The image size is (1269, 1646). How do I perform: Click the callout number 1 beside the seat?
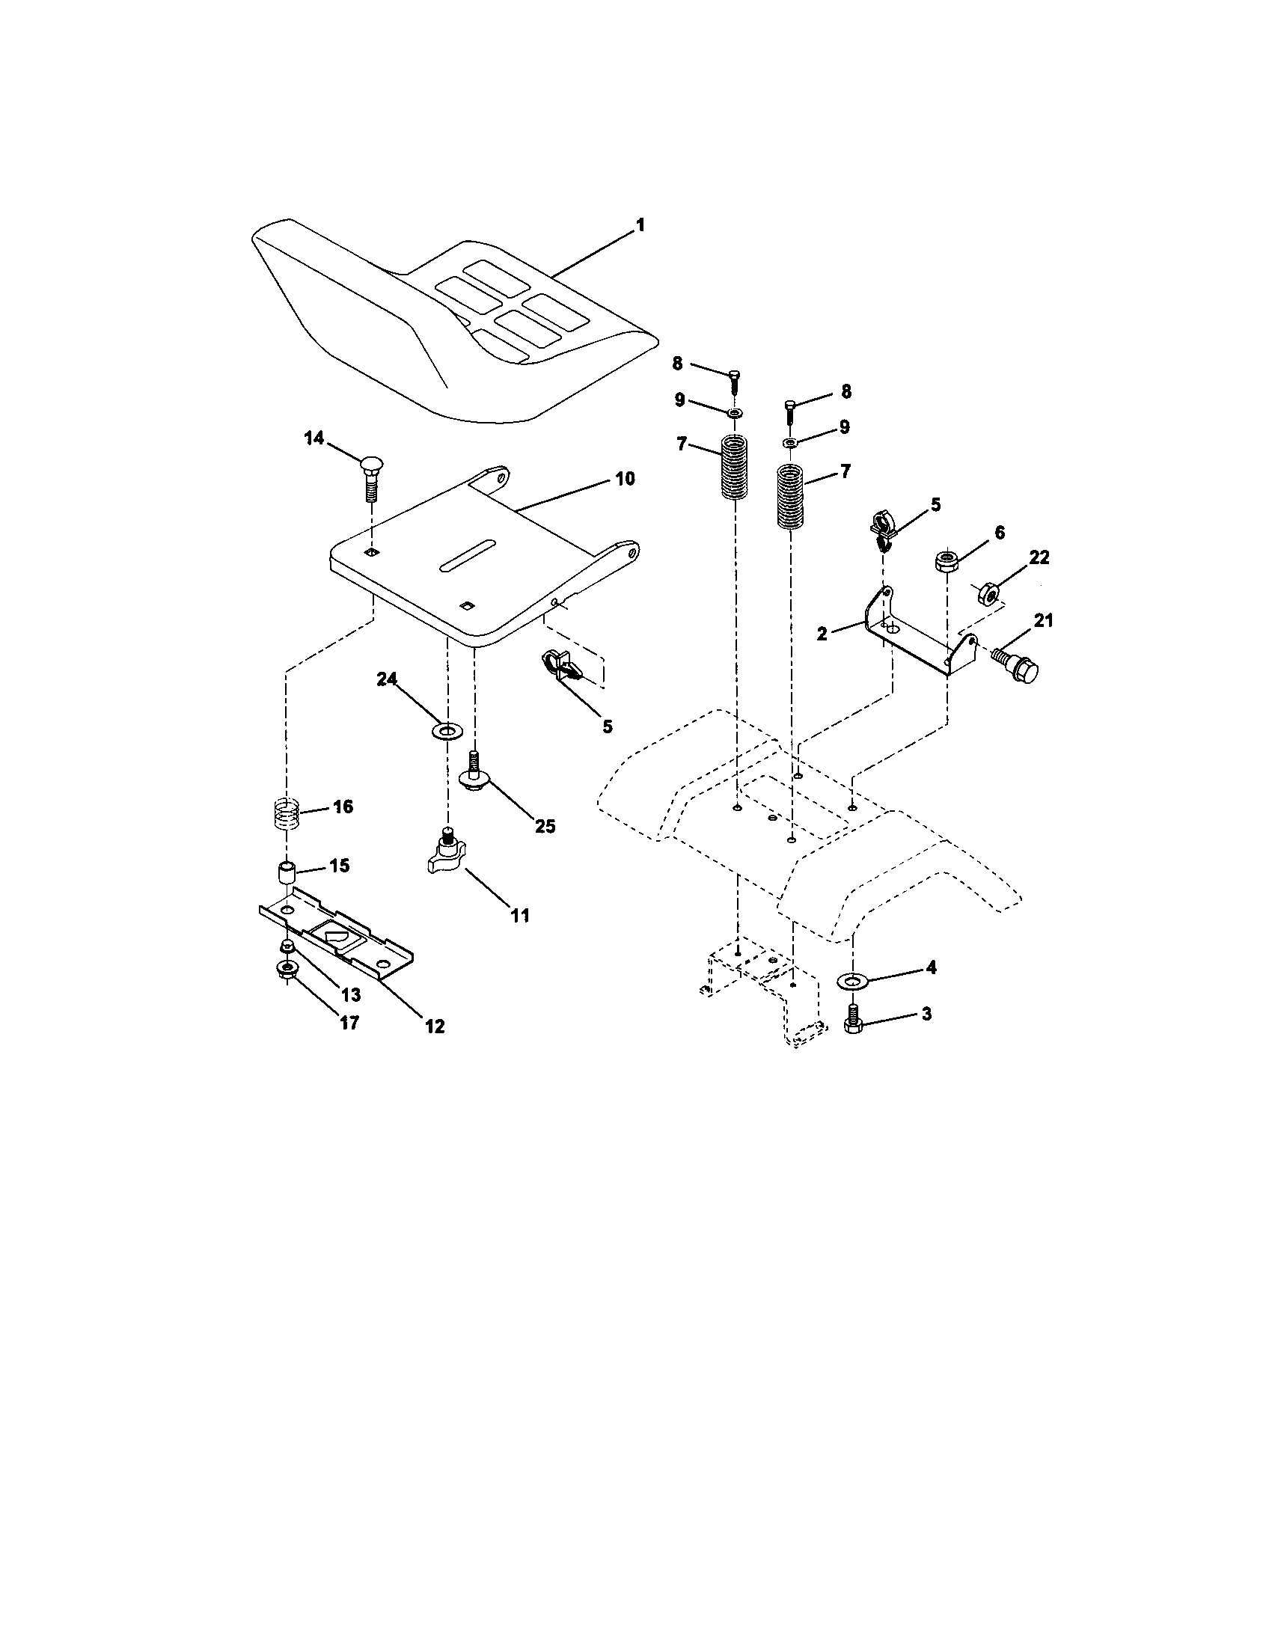(x=640, y=224)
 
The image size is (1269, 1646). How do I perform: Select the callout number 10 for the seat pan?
(x=625, y=479)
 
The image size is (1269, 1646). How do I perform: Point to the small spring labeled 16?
(x=287, y=813)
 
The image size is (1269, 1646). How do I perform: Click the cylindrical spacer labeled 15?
(x=287, y=874)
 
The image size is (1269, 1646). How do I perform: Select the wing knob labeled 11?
(x=447, y=856)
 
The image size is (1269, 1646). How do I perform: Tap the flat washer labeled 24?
(x=447, y=730)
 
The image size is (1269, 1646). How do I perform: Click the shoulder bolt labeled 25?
(x=473, y=776)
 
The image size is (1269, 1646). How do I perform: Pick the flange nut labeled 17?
(x=287, y=970)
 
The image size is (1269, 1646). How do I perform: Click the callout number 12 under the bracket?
(x=435, y=1026)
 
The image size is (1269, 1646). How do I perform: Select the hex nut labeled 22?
(x=988, y=594)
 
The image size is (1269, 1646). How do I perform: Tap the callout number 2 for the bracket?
(x=822, y=634)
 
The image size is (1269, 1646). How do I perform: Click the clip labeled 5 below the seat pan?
(x=559, y=666)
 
